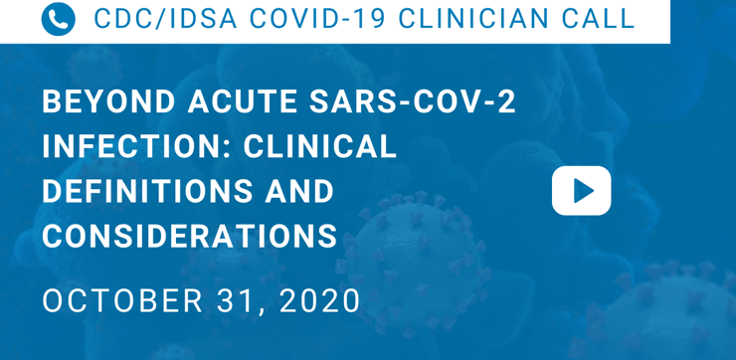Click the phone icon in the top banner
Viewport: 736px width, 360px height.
point(59,19)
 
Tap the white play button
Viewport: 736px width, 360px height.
point(581,191)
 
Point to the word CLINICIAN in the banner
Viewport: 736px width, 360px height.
point(478,19)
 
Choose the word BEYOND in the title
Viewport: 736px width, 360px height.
point(108,101)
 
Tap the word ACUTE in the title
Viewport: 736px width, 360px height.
point(243,101)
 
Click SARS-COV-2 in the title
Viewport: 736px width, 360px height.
point(413,101)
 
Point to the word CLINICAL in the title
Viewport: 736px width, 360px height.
point(319,146)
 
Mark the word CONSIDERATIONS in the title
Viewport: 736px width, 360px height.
point(190,236)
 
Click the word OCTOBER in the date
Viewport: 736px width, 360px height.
point(122,301)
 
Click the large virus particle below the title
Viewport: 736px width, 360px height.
point(412,263)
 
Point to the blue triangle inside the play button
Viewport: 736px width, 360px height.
point(584,191)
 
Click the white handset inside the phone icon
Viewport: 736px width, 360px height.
point(59,19)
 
